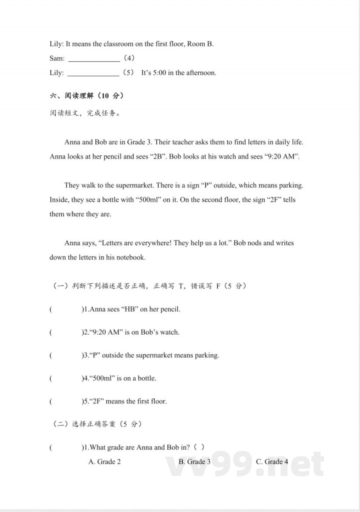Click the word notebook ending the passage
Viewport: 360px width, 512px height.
pyautogui.click(x=130, y=257)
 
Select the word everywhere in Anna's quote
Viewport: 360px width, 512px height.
pyautogui.click(x=153, y=243)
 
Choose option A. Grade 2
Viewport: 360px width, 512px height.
pyautogui.click(x=104, y=462)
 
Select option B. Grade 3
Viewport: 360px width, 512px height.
pyautogui.click(x=194, y=462)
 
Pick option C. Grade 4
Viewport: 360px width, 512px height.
pyautogui.click(x=272, y=462)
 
